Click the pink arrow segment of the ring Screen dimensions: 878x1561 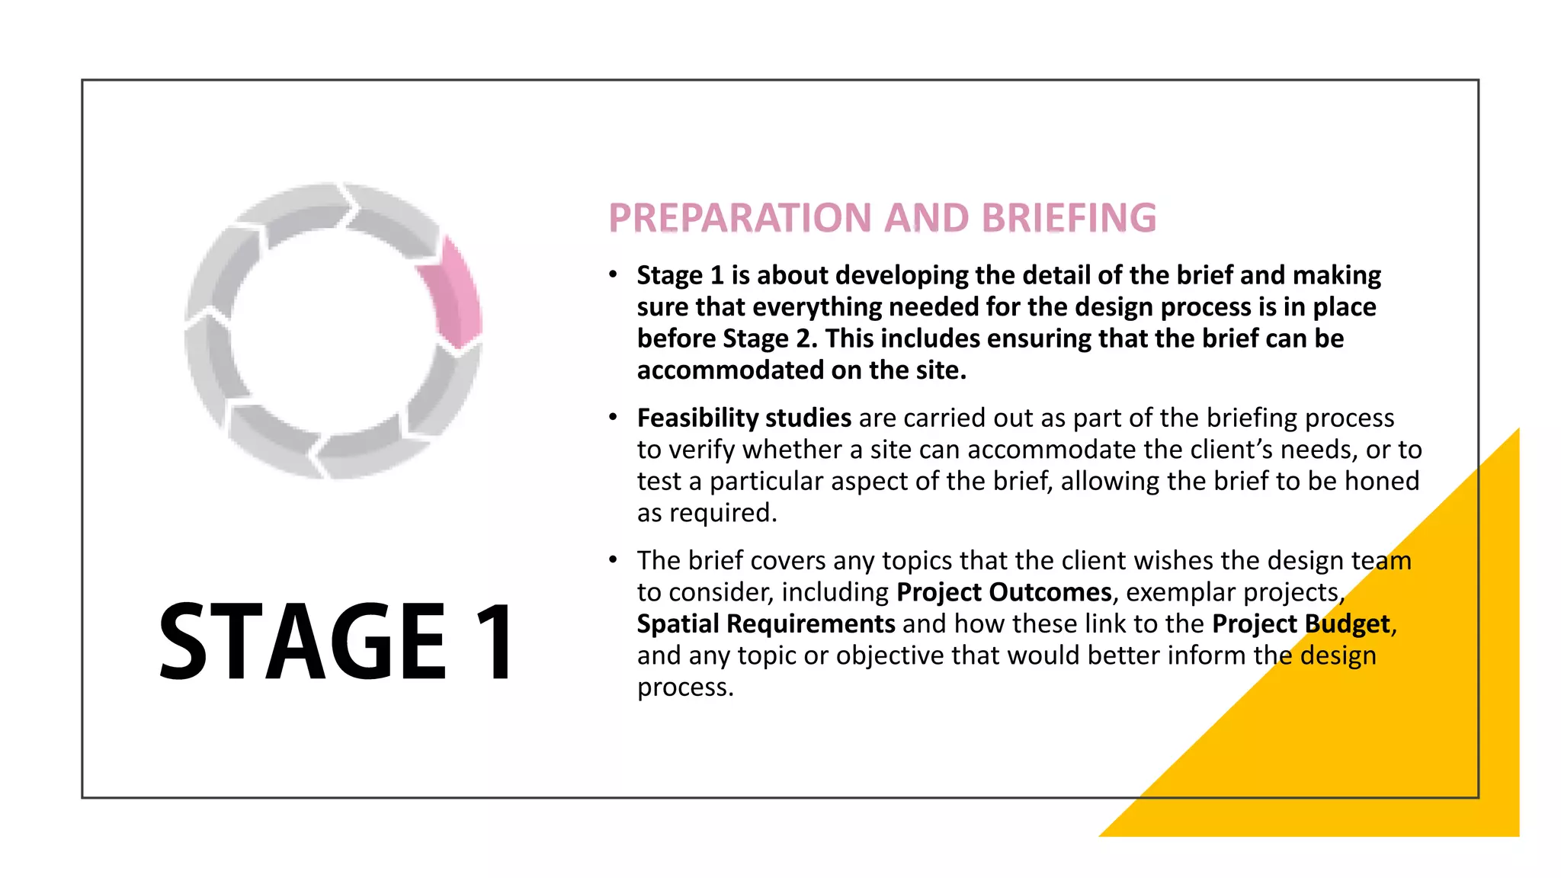455,297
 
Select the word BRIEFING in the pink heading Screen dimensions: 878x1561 1069,218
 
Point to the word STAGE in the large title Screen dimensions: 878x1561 302,641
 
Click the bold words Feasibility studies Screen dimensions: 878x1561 744,418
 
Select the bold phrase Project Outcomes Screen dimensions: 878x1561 1004,592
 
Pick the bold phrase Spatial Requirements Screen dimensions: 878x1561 766,623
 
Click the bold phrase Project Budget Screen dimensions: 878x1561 1301,623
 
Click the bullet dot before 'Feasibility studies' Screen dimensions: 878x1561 613,417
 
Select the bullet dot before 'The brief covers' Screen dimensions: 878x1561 613,559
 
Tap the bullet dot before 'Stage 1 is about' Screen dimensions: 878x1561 613,274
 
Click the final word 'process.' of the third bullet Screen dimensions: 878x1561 685,687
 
